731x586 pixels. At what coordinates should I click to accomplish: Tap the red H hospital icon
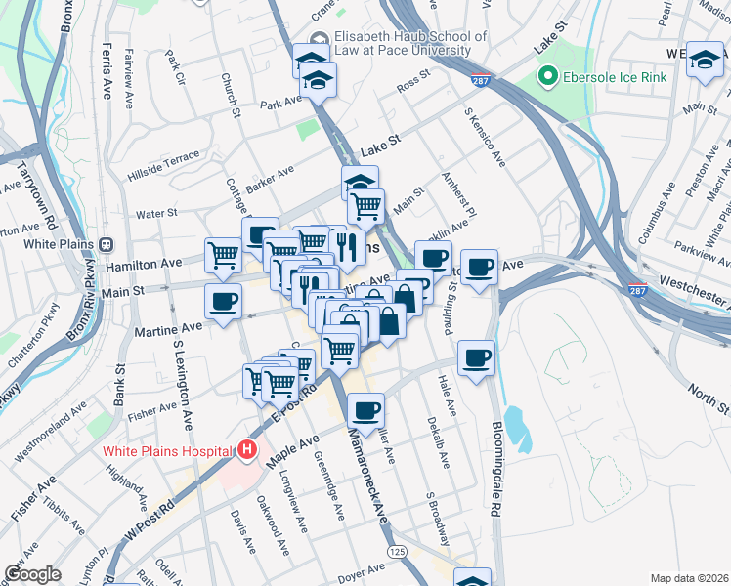click(247, 450)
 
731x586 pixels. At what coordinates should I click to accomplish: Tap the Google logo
click(32, 573)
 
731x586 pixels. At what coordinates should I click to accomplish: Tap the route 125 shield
click(397, 552)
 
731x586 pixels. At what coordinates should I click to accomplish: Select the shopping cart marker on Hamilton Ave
click(223, 255)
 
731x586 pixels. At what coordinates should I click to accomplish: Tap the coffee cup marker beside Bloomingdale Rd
click(476, 357)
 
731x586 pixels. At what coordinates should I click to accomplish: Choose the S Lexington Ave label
click(182, 386)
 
